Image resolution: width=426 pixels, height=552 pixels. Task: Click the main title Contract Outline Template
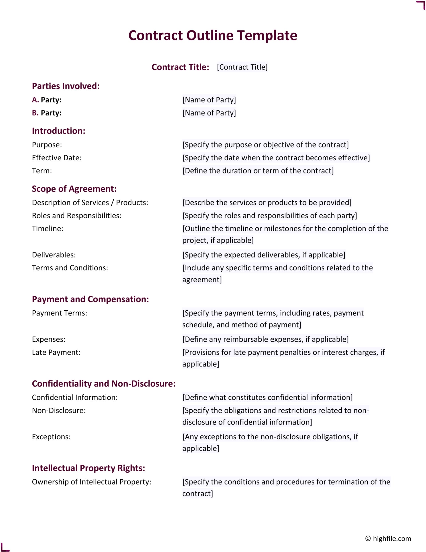click(213, 35)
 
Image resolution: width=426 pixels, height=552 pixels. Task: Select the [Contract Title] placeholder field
click(242, 67)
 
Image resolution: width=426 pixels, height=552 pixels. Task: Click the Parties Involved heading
click(66, 86)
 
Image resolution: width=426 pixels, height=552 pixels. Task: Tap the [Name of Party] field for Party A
click(209, 100)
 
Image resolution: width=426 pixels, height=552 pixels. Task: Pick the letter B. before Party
click(35, 113)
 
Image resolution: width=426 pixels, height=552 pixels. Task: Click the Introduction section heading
click(59, 131)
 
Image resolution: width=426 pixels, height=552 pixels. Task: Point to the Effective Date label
click(57, 158)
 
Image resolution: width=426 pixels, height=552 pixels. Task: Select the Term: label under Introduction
click(42, 171)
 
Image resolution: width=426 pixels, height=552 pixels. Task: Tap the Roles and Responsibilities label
click(77, 216)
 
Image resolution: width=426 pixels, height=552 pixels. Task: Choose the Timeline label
click(47, 229)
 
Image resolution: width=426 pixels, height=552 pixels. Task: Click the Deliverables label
click(54, 255)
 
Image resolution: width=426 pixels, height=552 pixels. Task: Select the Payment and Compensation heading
click(90, 299)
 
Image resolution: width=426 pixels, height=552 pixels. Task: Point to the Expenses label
click(49, 339)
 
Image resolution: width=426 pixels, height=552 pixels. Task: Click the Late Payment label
click(56, 352)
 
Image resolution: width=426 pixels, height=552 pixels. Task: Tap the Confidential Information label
click(75, 397)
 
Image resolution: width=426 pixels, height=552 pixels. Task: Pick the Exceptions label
click(51, 437)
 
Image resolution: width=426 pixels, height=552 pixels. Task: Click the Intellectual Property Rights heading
click(88, 468)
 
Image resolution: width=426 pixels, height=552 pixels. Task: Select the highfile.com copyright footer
click(388, 538)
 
